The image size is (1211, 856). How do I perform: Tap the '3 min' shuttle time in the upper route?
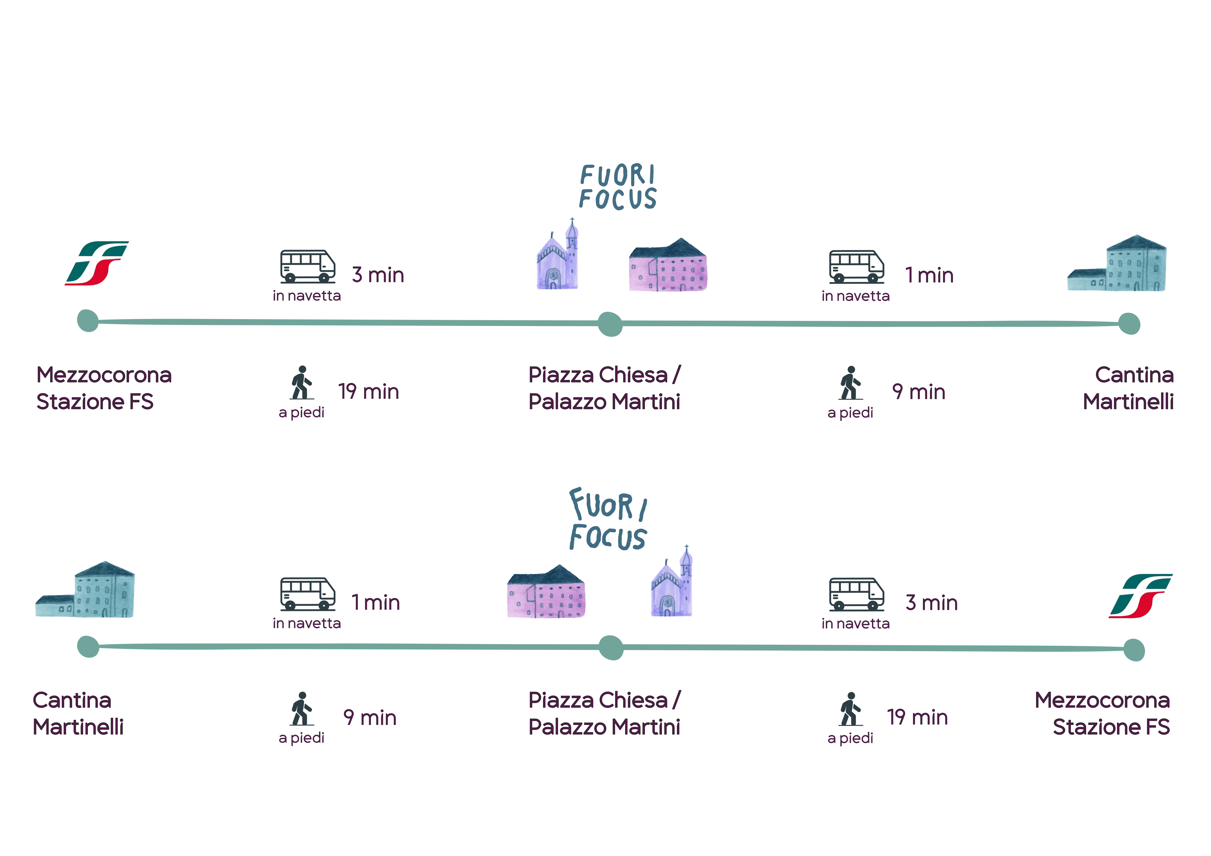pyautogui.click(x=378, y=275)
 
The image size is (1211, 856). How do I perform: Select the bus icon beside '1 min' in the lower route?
pyautogui.click(x=308, y=594)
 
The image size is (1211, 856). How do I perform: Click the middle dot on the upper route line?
pyautogui.click(x=610, y=324)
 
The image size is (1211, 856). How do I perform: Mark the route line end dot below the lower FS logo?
pyautogui.click(x=1133, y=650)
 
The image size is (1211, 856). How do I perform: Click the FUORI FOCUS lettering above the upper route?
pyautogui.click(x=618, y=187)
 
